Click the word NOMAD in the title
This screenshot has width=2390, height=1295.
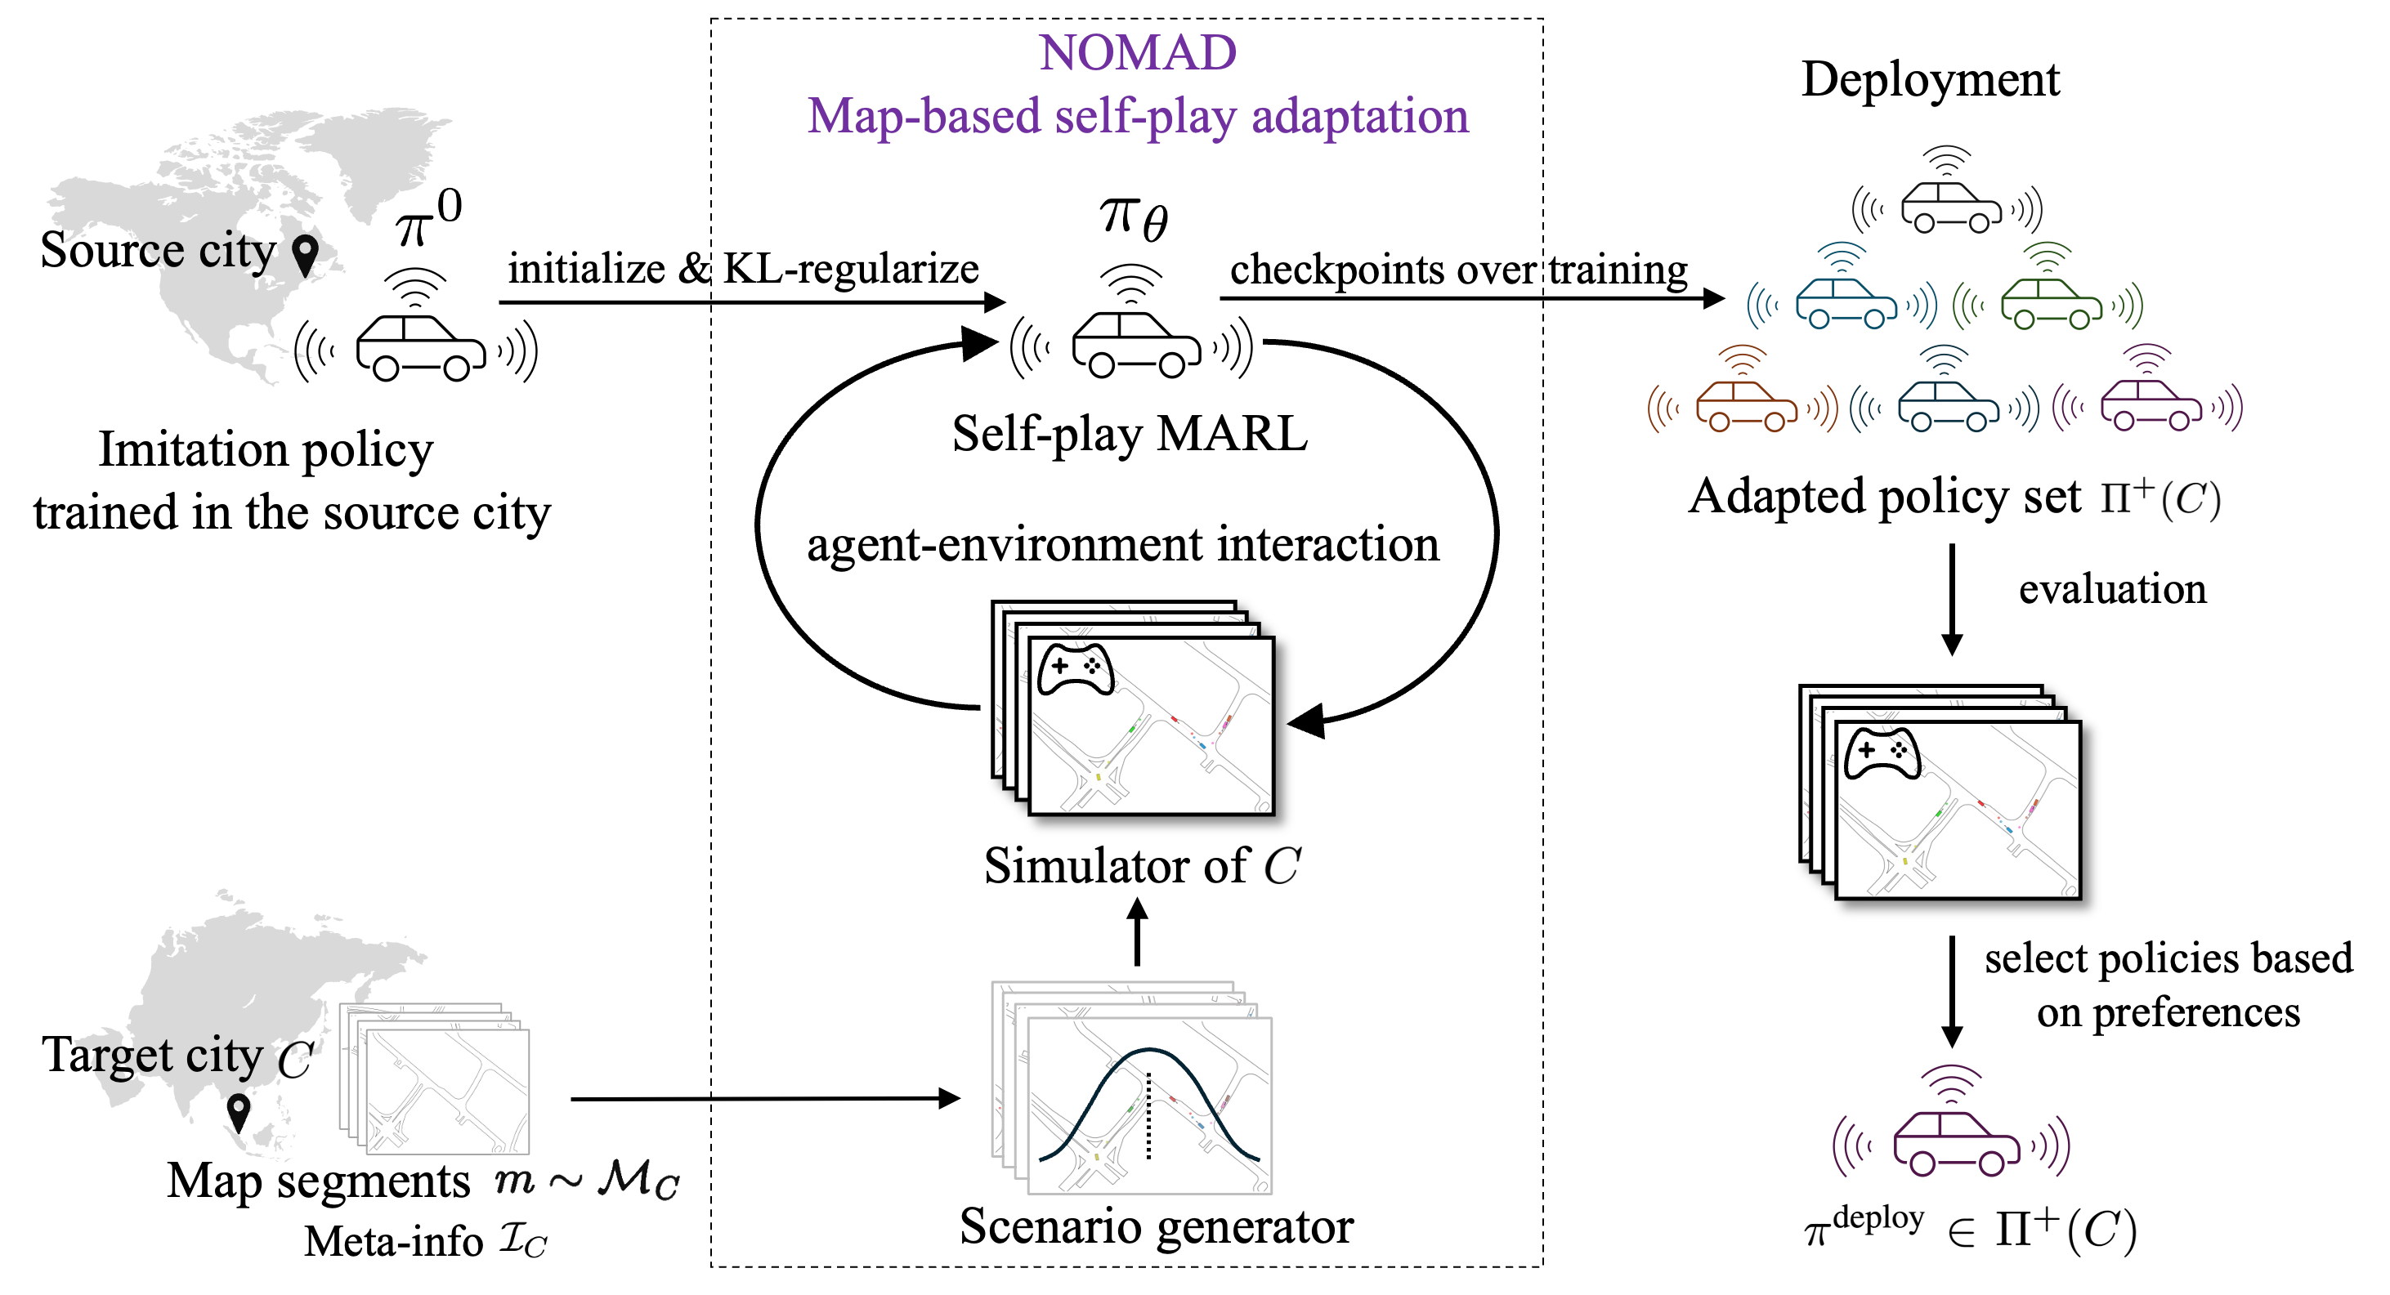pos(1138,53)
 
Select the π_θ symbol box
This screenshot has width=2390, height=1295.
pos(1134,219)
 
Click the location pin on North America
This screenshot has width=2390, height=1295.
pos(304,252)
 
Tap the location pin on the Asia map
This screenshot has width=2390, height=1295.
pos(240,1108)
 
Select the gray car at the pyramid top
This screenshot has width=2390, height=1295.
pos(1949,203)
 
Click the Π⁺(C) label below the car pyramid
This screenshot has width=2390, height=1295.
pos(2160,499)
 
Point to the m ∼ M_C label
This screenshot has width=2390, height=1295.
pos(586,1181)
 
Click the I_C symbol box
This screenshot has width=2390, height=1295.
pos(523,1239)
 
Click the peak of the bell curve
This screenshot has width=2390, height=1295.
pos(1148,1050)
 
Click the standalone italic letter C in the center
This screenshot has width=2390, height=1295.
pos(1282,864)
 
